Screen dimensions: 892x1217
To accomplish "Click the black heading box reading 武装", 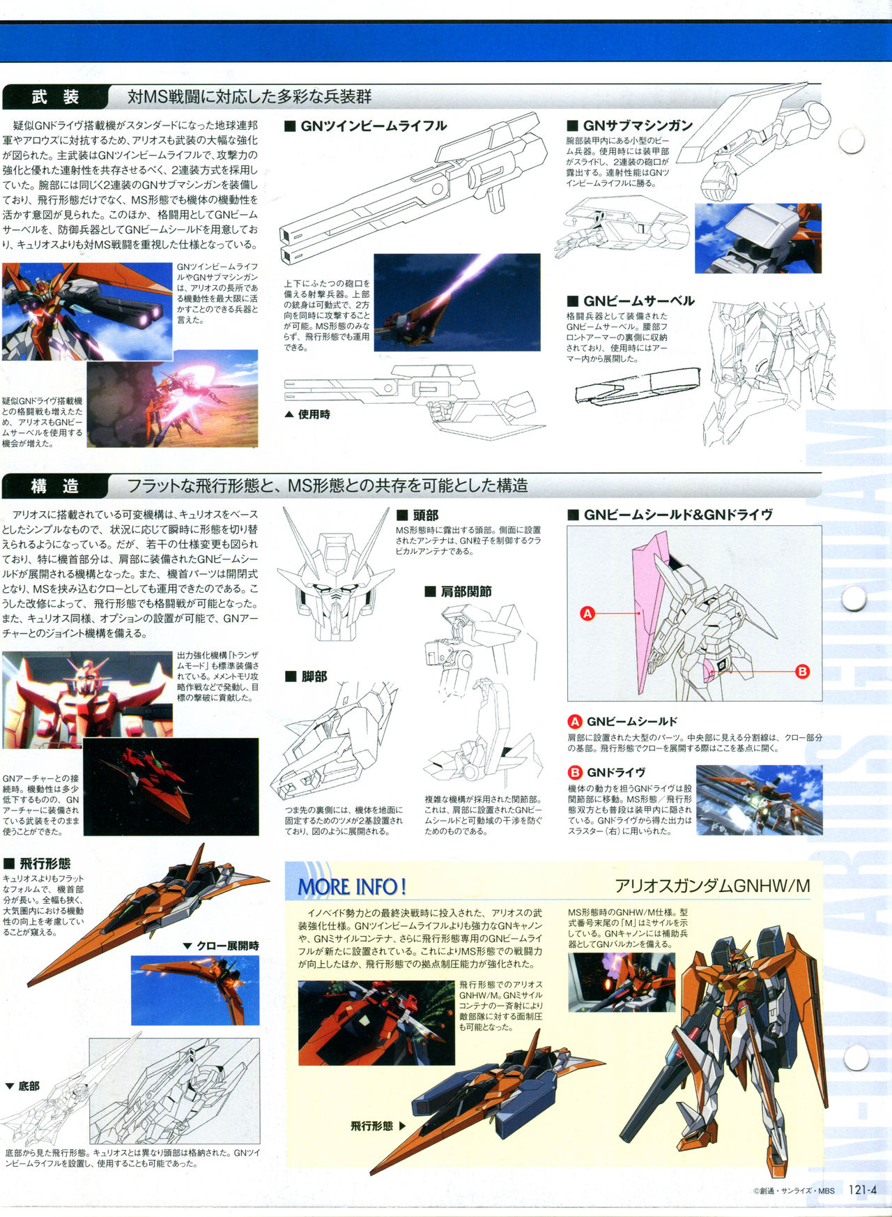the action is click(x=54, y=97).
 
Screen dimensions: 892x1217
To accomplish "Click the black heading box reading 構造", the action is click(x=54, y=486).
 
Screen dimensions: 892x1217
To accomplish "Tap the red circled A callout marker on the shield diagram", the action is click(x=587, y=614).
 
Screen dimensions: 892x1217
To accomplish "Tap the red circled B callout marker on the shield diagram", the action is click(x=802, y=672).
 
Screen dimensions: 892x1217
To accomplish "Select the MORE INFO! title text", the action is click(x=352, y=887).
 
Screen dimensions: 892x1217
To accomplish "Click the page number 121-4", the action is click(x=863, y=1190).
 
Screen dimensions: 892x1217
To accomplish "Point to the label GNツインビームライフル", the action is click(x=367, y=126).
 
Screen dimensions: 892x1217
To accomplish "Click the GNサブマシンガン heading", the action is click(x=630, y=126).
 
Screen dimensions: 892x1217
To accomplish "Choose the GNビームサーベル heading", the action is click(x=631, y=301).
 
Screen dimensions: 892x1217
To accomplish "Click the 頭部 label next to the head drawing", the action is click(x=417, y=515).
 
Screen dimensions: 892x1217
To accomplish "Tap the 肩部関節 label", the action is click(x=459, y=591).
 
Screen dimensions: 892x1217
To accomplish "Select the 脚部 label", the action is click(x=306, y=676).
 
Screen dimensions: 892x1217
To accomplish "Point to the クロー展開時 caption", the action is click(x=221, y=946).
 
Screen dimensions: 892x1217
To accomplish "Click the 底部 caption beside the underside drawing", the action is click(x=22, y=1086).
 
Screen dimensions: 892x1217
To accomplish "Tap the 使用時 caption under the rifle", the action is click(x=307, y=414).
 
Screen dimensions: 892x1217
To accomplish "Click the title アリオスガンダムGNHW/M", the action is click(x=712, y=886).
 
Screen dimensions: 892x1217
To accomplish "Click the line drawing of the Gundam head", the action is click(x=333, y=574).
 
